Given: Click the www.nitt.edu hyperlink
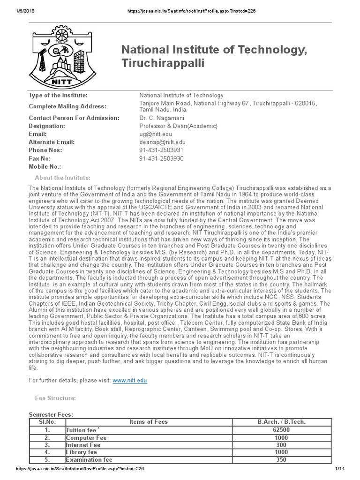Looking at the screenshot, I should coord(130,381).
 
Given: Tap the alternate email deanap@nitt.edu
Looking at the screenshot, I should coord(162,142).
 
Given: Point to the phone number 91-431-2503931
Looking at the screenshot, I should coord(161,150).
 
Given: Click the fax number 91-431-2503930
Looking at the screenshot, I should coord(161,158).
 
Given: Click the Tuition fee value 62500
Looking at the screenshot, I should coord(281,430).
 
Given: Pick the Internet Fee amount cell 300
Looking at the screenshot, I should coord(281,445).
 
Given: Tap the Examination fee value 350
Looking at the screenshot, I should coord(281,460).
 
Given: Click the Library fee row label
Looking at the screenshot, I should coord(82,452).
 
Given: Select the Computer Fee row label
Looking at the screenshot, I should coord(87,437).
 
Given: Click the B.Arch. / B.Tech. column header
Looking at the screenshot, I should coord(281,422).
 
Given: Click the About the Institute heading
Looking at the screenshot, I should coord(63,178).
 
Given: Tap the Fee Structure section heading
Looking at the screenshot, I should coord(55,398).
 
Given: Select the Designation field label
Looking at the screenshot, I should coord(47,126).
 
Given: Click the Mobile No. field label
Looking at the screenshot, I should coord(45,166).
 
